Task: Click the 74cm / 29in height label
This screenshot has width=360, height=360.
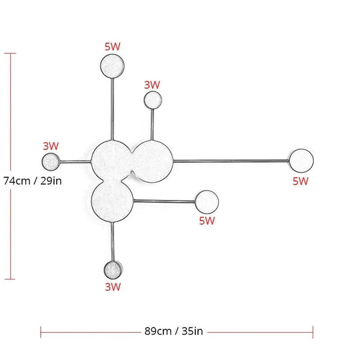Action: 33,181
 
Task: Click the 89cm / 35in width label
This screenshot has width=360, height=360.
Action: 173,331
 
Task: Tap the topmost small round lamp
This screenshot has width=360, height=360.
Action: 112,66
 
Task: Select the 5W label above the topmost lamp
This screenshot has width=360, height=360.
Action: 112,47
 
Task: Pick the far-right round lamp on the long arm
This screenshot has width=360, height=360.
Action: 301,161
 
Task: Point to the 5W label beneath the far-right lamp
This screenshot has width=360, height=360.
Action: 300,181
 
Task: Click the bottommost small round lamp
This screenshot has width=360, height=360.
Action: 113,270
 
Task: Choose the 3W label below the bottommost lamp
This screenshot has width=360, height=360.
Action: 113,287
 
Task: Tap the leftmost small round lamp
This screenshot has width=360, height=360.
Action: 51,161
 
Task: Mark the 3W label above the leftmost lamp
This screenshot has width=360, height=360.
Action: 51,146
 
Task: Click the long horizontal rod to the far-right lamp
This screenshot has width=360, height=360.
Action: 231,161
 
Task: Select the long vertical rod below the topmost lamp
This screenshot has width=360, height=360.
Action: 112,109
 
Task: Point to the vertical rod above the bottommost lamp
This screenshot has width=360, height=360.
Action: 112,241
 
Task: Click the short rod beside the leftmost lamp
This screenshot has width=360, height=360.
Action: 75,162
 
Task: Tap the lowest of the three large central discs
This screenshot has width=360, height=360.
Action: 112,201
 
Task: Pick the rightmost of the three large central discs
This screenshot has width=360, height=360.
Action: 152,161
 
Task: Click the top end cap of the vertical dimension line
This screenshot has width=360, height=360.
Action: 10,53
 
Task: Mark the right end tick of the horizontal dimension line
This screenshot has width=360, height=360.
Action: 313,332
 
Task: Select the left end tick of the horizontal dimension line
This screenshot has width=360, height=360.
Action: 41,332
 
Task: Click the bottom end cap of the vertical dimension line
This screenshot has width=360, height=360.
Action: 10,279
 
